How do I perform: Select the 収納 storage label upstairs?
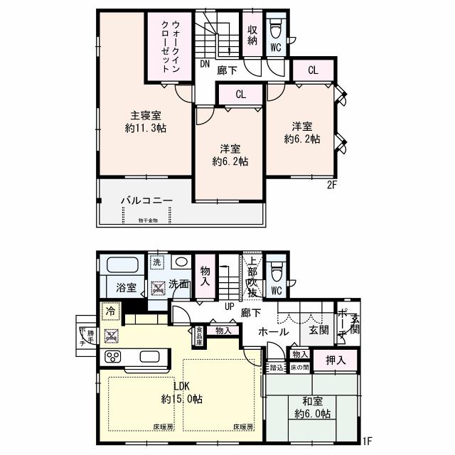[x=252, y=36]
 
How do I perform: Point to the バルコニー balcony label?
[x=146, y=201]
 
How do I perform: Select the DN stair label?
[x=204, y=64]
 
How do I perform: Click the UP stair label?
[x=230, y=306]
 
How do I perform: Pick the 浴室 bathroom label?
[x=125, y=287]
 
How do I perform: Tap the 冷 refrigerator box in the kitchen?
[x=110, y=311]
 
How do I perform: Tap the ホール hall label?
[x=274, y=331]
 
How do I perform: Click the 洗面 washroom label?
[x=180, y=284]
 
